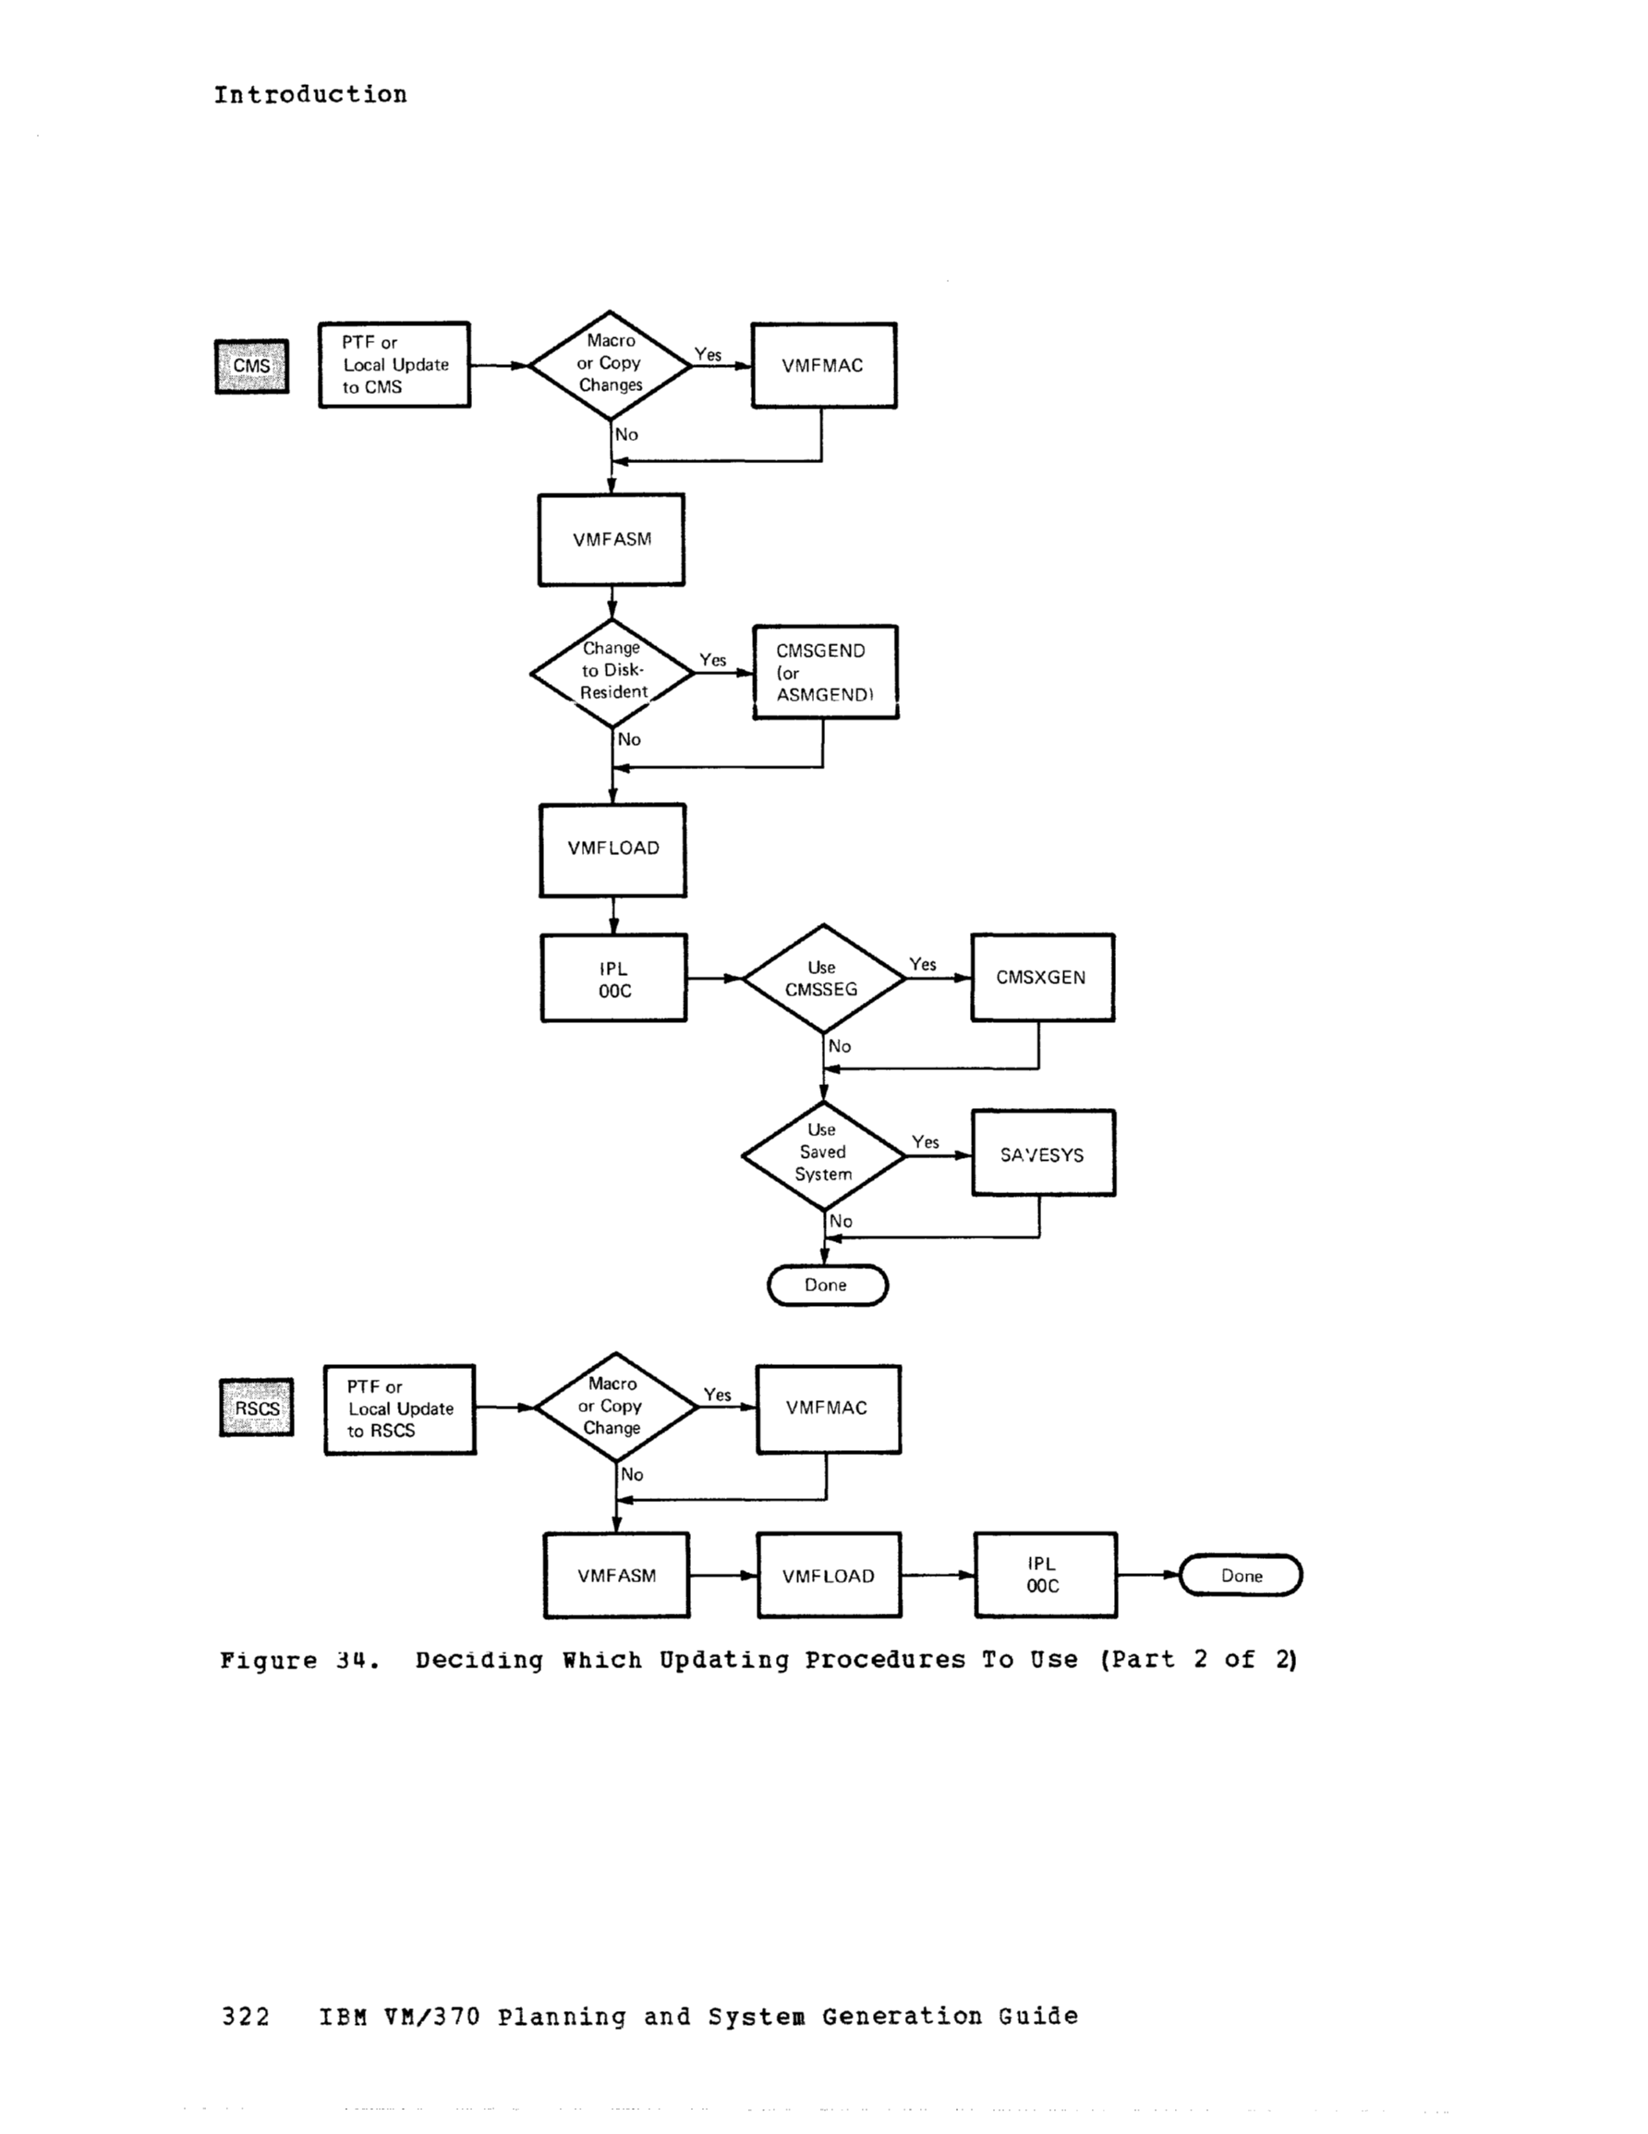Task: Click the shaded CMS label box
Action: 251,366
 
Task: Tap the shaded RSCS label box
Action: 256,1408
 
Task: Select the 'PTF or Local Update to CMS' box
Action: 394,364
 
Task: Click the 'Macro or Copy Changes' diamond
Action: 610,364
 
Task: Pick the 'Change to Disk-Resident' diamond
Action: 612,672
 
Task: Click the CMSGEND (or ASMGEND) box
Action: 825,672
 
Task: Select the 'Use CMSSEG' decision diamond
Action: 822,978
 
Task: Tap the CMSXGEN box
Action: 1041,977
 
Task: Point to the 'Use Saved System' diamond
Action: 822,1154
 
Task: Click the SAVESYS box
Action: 1042,1154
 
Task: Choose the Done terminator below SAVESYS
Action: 827,1285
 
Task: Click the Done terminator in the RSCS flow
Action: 1241,1575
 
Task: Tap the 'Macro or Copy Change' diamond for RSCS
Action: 615,1407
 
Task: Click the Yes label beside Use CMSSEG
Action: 922,964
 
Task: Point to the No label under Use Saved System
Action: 840,1222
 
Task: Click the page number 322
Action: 245,2017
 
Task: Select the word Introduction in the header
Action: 309,95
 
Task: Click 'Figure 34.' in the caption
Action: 299,1660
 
